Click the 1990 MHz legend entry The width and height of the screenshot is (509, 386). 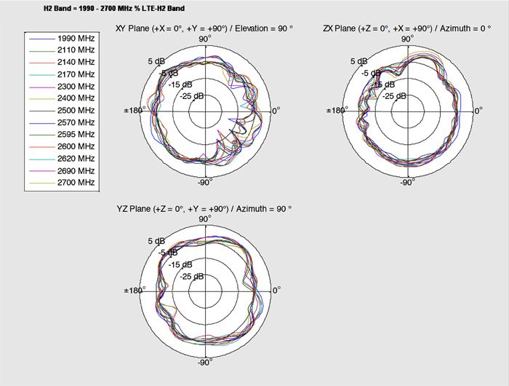63,39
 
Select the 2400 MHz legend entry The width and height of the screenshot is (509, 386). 63,98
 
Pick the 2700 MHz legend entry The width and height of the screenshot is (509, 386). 63,182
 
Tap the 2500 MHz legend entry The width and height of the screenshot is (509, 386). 63,110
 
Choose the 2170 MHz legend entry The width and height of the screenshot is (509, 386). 63,74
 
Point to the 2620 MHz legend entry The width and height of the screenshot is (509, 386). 63,158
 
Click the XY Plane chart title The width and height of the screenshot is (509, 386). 204,28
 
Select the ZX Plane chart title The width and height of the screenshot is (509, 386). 407,28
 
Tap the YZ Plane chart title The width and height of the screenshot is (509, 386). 204,209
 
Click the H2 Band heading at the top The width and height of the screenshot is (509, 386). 114,8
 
